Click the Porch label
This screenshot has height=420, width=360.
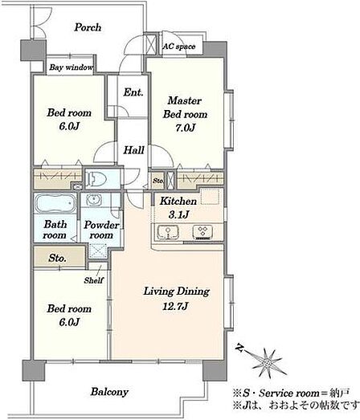click(88, 27)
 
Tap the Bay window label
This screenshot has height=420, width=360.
click(72, 67)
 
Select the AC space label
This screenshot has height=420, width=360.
click(179, 47)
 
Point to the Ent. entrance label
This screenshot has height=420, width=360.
click(133, 92)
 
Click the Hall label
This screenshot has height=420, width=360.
click(133, 150)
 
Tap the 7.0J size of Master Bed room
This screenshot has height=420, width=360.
click(185, 128)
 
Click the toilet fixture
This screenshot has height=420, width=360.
click(96, 178)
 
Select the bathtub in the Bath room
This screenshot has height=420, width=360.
click(55, 203)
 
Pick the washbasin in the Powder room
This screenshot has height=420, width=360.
click(93, 199)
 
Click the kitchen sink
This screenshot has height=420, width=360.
click(168, 232)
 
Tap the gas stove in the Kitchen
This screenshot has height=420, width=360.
click(203, 232)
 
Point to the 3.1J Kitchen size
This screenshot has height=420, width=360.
click(178, 214)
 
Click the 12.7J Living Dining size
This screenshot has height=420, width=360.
click(176, 306)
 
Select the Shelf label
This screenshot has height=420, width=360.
click(93, 280)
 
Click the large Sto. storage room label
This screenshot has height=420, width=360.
click(57, 259)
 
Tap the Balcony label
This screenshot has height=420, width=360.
click(109, 392)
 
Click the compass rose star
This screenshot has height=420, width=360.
click(267, 364)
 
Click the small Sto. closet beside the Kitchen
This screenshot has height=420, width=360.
click(157, 181)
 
